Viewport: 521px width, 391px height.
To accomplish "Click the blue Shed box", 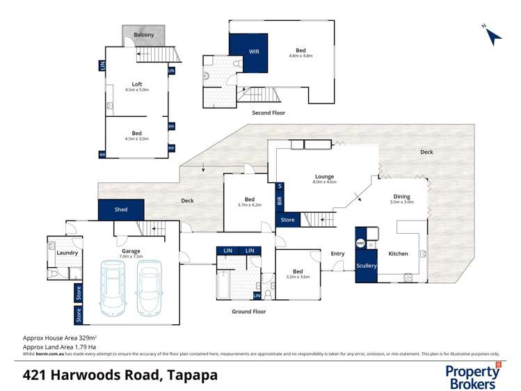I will tap(121, 209).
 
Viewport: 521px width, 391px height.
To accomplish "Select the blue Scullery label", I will tap(366, 266).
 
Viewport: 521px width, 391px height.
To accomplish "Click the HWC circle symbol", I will tap(360, 244).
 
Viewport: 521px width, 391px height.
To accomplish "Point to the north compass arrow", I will tap(492, 35).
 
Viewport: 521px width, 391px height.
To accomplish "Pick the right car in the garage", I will tap(150, 287).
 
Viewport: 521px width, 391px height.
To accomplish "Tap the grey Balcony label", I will tap(144, 35).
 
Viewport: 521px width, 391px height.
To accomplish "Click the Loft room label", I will tap(137, 84).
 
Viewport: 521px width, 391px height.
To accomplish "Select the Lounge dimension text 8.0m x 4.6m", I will tap(324, 182).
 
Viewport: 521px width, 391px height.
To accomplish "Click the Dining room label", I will tap(401, 197).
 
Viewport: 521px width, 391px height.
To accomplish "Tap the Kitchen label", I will tap(398, 254).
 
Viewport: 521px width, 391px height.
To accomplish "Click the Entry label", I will tap(337, 254).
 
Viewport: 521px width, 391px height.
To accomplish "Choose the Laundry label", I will tap(67, 253).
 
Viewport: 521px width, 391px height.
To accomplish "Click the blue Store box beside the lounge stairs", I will tap(287, 221).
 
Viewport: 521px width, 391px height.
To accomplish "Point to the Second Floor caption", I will tap(268, 113).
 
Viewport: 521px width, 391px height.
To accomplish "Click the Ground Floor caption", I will tap(248, 312).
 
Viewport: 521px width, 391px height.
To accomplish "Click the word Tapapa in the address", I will tap(191, 375).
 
